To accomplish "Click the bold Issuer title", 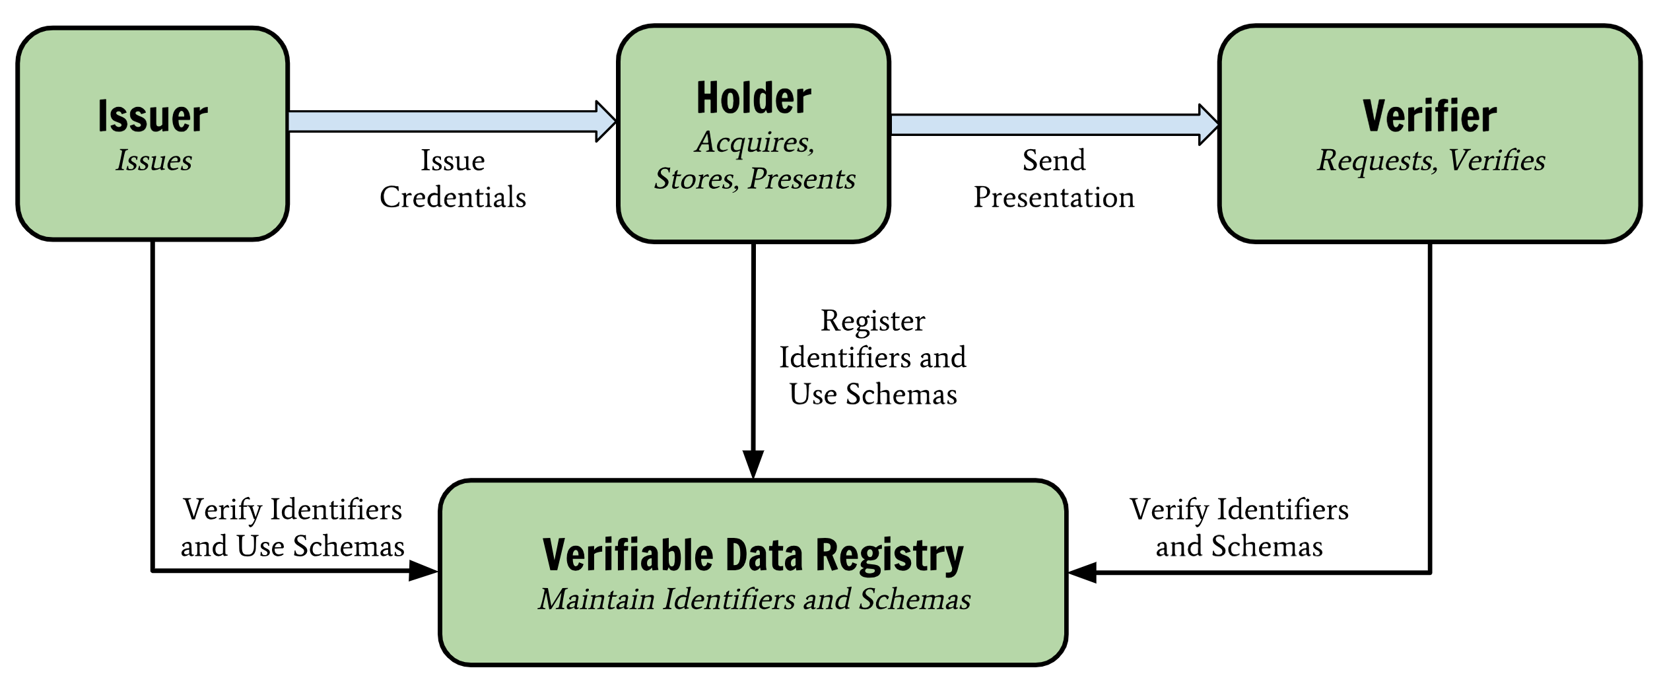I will (153, 116).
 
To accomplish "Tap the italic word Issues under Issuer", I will (154, 160).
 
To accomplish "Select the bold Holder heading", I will (753, 98).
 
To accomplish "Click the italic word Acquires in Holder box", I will (753, 143).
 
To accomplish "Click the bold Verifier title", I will (1429, 116).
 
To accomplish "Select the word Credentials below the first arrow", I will (453, 197).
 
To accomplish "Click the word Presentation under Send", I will (1054, 197).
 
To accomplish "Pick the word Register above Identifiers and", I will (872, 321).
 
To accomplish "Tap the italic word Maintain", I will (596, 599).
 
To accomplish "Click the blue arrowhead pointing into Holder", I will (605, 121).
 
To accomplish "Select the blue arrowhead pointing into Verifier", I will (1208, 124).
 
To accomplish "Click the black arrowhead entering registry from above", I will (753, 463).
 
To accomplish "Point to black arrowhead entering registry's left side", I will (423, 570).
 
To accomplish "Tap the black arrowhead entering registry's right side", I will (1083, 572).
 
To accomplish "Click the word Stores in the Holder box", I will (695, 179).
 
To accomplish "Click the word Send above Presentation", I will (1054, 160).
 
